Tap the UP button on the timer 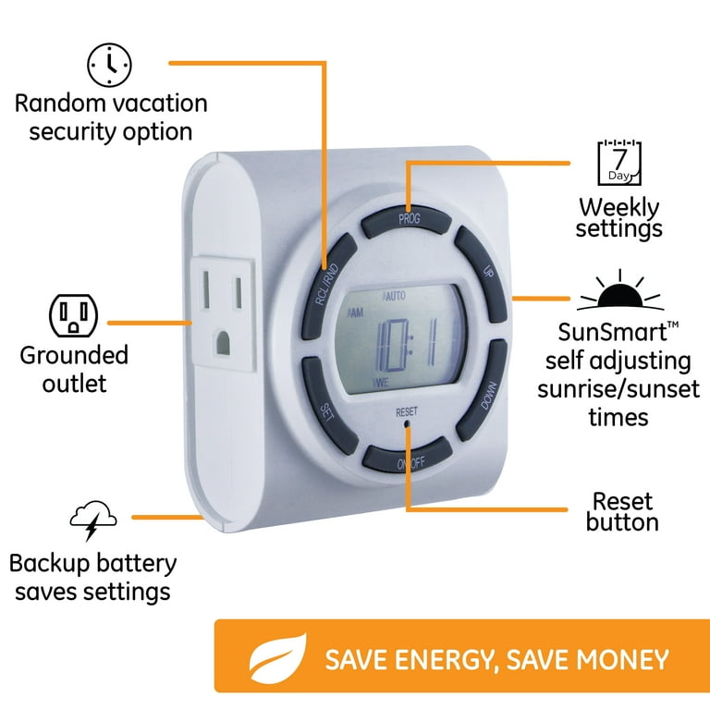point(482,273)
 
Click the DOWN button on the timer point(483,390)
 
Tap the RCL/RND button point(328,285)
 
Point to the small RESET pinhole point(407,423)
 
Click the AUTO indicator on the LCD point(394,297)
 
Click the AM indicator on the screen point(355,312)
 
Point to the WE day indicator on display point(380,383)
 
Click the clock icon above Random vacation point(109,66)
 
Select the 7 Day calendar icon point(619,163)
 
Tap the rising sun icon point(620,290)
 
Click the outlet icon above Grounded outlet point(73,315)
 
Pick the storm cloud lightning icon point(93,520)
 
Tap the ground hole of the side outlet point(223,343)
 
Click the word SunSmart point(612,333)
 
